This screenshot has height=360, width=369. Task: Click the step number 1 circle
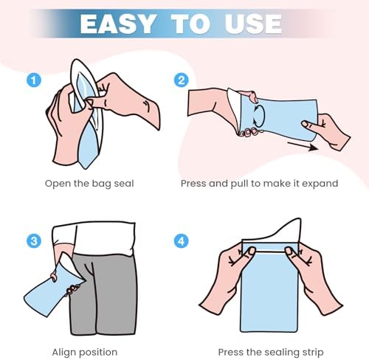tap(34, 80)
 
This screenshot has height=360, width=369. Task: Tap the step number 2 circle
tap(182, 80)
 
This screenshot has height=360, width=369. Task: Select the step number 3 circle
tap(34, 241)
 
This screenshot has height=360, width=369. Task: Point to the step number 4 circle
tap(182, 241)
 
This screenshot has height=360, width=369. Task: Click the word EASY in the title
tap(118, 24)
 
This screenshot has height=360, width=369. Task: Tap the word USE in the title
tap(253, 24)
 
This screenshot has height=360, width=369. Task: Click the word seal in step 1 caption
tap(124, 184)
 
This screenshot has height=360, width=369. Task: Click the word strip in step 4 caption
tap(314, 353)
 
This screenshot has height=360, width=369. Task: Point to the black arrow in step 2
tap(303, 146)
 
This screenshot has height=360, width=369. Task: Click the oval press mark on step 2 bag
tap(259, 116)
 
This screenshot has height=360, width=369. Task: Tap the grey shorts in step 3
tap(103, 294)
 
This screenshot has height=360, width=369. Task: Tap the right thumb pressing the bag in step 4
tap(290, 252)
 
